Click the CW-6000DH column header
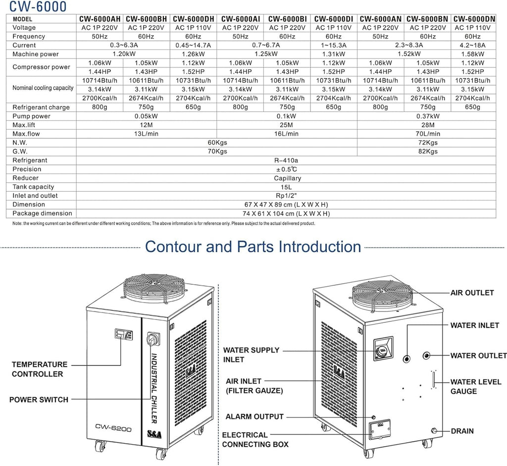click(193, 19)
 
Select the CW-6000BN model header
click(427, 19)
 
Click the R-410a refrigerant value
click(287, 160)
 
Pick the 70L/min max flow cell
click(428, 134)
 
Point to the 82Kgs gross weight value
click(428, 152)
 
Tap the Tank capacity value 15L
click(287, 187)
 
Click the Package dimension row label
click(42, 214)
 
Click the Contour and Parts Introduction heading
click(253, 247)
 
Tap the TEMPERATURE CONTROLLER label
click(39, 369)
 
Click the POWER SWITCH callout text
click(39, 400)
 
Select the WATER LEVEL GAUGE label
click(475, 386)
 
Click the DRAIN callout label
click(462, 431)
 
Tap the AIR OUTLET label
click(472, 293)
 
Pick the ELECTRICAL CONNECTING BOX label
click(255, 440)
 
